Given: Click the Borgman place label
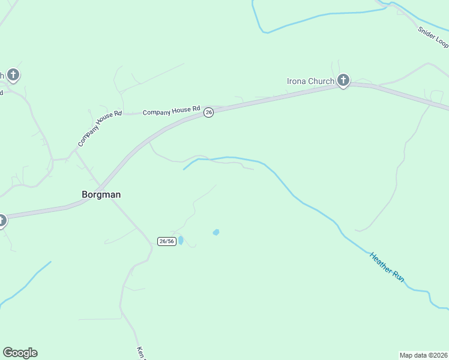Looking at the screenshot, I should tap(101, 194).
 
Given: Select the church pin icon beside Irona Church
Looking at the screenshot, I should tap(343, 80).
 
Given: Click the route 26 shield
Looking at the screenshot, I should tap(208, 112).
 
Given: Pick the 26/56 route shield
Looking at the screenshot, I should tap(167, 241).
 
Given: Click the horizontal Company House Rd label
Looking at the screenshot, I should tap(171, 111).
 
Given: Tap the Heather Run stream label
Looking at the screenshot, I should tap(387, 268).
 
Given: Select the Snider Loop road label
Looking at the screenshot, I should tap(433, 36).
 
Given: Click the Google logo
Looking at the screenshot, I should tap(20, 353).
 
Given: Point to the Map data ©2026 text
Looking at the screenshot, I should tap(423, 355).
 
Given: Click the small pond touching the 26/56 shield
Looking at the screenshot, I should tap(180, 240).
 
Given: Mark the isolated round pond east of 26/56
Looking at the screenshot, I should tap(216, 232).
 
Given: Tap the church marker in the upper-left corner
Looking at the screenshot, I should tap(13, 75).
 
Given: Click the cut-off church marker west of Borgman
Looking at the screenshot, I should tap(2, 220).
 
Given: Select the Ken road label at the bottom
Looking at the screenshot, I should tap(141, 353).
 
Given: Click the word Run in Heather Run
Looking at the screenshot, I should tap(398, 277).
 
